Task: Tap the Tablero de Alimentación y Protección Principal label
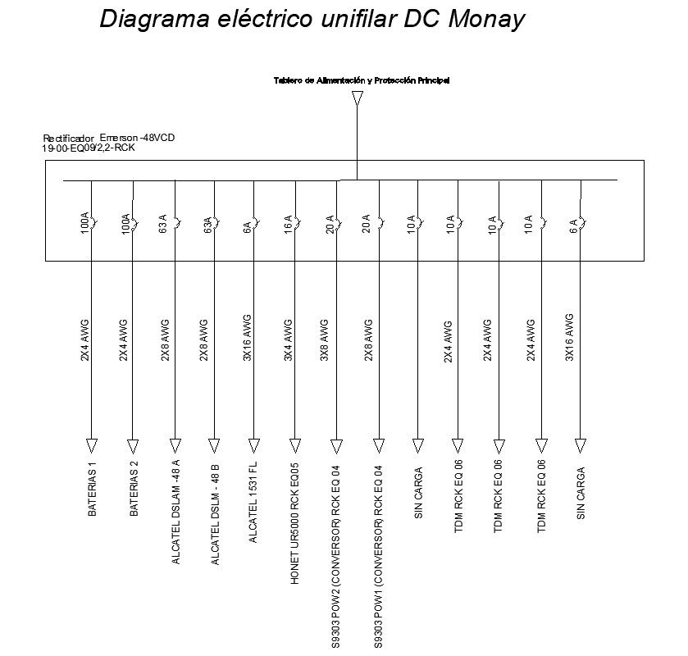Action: (x=361, y=80)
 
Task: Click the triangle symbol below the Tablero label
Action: (x=357, y=98)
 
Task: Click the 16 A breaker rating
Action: (x=288, y=223)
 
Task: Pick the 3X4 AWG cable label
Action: (x=288, y=340)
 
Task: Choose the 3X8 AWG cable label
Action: (x=325, y=340)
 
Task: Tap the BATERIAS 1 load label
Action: (x=93, y=490)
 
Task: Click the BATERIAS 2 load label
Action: (x=134, y=490)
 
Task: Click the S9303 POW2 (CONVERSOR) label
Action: (x=335, y=558)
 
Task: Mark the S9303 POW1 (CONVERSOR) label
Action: (x=377, y=558)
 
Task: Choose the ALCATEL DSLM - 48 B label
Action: (x=215, y=514)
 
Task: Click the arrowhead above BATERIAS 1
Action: (x=92, y=445)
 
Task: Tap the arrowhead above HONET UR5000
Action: (x=294, y=445)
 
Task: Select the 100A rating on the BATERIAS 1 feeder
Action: (x=84, y=223)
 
